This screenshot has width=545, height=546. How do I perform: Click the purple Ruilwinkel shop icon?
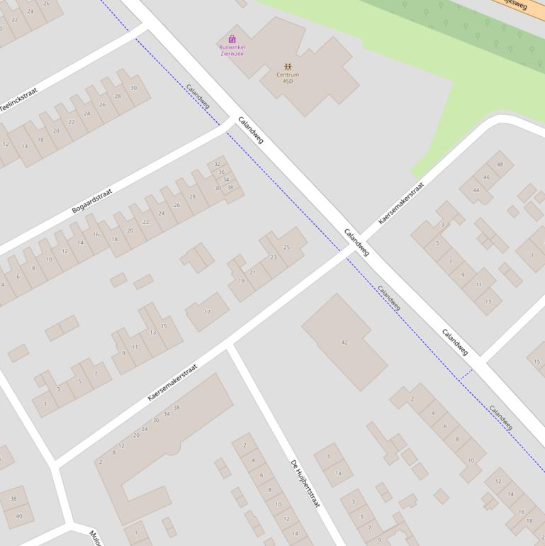pos(232,39)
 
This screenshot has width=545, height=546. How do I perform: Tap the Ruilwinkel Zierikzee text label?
pos(232,50)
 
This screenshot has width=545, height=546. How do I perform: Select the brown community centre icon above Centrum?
pos(287,67)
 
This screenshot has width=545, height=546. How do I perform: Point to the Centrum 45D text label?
pos(287,78)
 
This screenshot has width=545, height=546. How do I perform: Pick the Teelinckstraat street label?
pos(18,100)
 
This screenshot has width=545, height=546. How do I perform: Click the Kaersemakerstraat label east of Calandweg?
pos(400,204)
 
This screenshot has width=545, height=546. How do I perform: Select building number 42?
pos(344,342)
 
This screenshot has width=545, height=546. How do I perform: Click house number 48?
pos(500,165)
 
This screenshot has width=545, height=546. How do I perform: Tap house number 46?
pos(487,177)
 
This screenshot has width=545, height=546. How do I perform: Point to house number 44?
pos(476,190)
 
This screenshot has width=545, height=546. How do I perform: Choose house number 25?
pos(286,247)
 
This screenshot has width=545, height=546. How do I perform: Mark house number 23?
pos(274,257)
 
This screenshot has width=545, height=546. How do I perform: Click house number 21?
pos(253,272)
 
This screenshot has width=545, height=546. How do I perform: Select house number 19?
pos(241,281)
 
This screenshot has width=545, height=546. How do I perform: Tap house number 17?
pos(207,311)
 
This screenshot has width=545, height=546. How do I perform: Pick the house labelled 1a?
pos(338,473)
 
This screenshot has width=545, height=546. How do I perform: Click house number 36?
pos(221,172)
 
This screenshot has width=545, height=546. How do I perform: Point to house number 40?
pos(19,516)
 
